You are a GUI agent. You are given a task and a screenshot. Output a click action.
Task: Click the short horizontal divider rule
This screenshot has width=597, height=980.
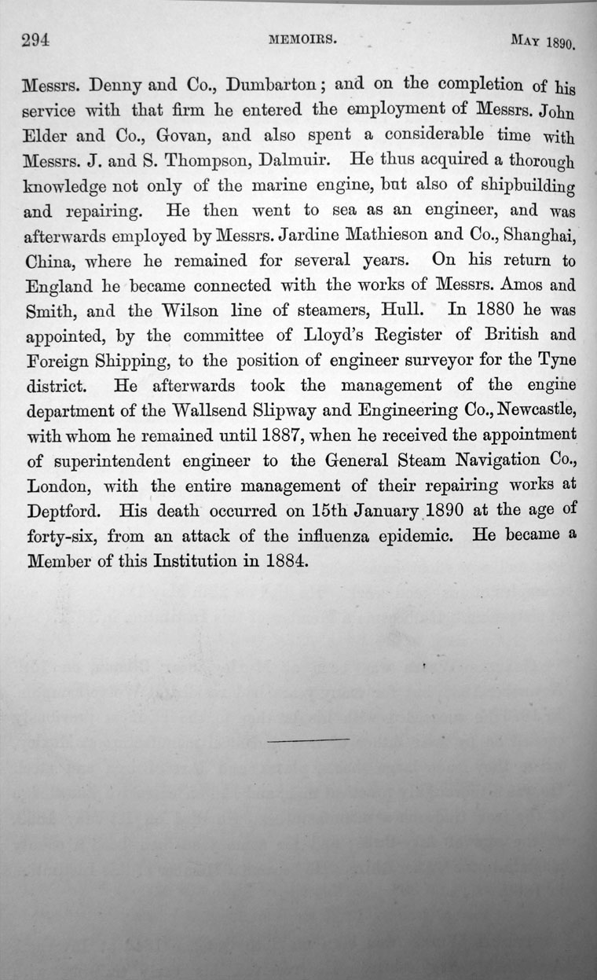pos(308,740)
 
